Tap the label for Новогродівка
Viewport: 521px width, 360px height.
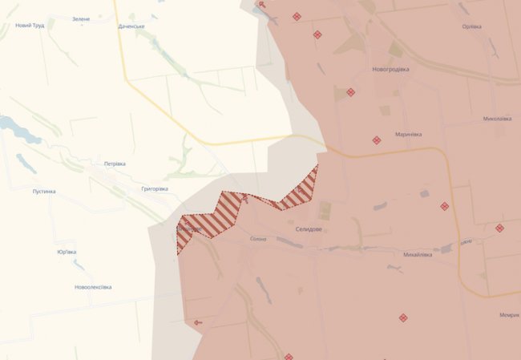(x=390, y=69)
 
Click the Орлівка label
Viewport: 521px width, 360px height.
(x=471, y=26)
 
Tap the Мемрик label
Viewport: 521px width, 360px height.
(x=509, y=314)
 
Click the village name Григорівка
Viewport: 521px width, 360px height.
(x=154, y=188)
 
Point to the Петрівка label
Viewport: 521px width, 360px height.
(x=115, y=164)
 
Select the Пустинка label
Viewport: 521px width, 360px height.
(x=44, y=192)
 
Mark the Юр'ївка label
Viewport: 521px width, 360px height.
(x=67, y=252)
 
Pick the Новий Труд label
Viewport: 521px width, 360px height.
(x=30, y=26)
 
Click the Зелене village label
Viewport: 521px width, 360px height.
(x=81, y=18)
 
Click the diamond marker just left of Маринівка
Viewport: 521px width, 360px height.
(x=376, y=140)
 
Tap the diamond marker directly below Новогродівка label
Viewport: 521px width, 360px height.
(x=350, y=92)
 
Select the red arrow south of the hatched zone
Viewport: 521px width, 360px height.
(x=198, y=322)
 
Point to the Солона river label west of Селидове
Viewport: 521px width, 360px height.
(x=258, y=239)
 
